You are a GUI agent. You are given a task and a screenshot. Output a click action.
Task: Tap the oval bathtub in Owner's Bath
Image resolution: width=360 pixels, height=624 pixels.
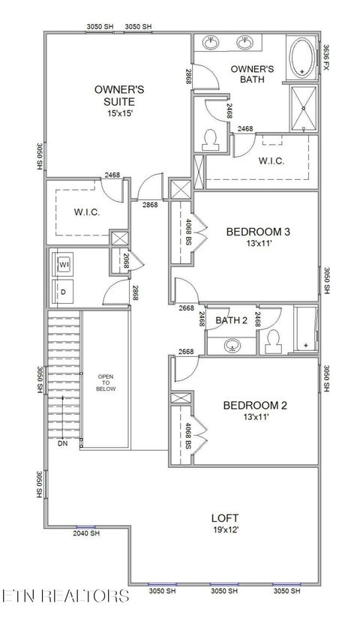click(x=303, y=59)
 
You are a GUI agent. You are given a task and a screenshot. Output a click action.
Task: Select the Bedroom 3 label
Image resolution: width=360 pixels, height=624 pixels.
click(x=258, y=232)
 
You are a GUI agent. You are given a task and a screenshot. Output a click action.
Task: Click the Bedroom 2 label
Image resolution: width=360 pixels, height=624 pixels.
click(x=255, y=406)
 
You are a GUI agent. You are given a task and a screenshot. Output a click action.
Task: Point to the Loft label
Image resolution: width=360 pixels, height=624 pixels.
click(x=223, y=517)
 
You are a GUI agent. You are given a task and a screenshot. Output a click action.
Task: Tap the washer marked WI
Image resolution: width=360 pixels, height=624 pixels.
click(x=64, y=265)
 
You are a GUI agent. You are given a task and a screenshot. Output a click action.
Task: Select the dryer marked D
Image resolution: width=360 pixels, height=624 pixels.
click(x=64, y=290)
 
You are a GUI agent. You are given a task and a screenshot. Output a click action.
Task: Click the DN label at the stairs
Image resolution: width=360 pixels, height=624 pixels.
click(x=61, y=443)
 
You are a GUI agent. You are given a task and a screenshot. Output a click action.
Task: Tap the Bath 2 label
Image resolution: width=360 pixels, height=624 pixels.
click(x=232, y=321)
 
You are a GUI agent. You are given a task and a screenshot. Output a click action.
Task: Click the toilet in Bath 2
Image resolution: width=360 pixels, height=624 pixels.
click(x=272, y=340)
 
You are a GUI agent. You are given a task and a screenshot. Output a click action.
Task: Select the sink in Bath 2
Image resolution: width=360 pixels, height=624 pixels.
click(x=233, y=346)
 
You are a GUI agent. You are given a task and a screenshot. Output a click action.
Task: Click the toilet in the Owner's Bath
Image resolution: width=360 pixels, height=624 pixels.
click(x=212, y=139)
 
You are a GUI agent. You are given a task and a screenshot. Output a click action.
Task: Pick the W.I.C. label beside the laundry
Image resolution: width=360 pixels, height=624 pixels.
click(x=87, y=212)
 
